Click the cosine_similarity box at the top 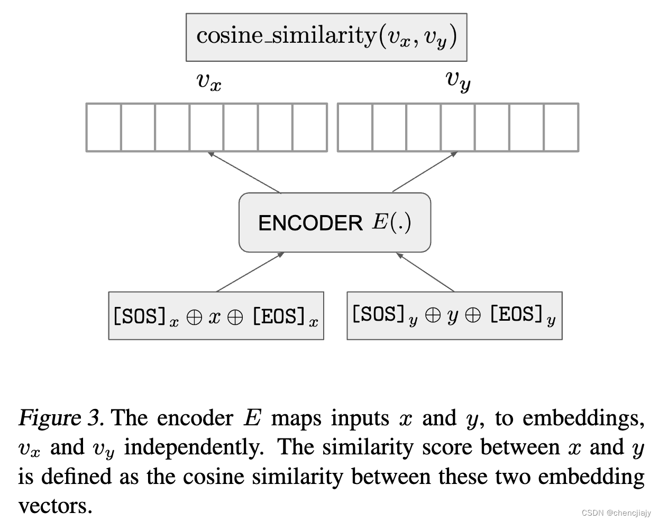coord(326,37)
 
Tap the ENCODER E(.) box coord(335,222)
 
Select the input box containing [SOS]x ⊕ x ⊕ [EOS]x coord(216,315)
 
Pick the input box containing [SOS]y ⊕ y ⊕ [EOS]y coord(454,315)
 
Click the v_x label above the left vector coord(208,82)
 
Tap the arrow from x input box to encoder coord(250,272)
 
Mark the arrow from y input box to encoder coord(425,272)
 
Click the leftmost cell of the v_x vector coord(104,127)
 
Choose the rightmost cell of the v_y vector coord(561,127)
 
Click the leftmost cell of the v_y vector coord(355,127)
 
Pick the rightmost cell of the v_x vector coord(310,127)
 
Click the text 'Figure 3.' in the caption coord(60,418)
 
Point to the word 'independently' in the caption coord(194,448)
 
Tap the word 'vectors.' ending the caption coord(55,506)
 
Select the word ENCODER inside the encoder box coord(310,223)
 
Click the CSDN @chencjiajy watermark coord(616,513)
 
